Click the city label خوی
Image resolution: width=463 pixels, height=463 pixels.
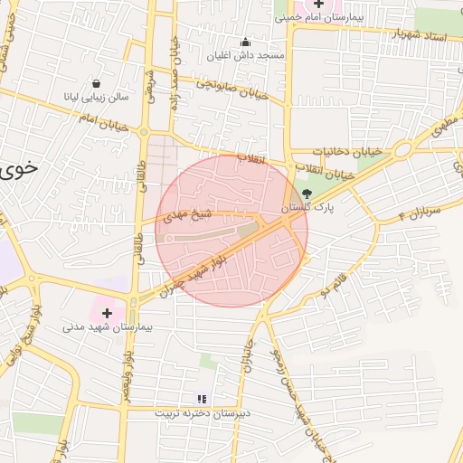20,168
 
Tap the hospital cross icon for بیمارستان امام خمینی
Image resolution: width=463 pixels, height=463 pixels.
318,5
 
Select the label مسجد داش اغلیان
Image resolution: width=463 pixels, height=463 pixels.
260,55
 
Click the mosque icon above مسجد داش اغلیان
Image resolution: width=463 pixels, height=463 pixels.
245,42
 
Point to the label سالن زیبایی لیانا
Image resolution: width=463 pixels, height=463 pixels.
96,96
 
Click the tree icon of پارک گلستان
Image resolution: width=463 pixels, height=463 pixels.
307,194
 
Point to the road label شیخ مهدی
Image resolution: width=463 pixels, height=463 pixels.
188,215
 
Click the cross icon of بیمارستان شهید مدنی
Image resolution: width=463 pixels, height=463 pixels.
106,313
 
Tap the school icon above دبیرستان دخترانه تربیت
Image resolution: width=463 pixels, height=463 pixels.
203,398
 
